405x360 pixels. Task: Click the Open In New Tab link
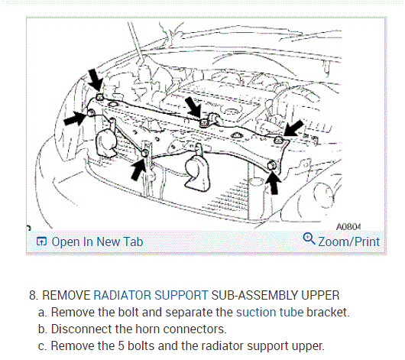coord(97,242)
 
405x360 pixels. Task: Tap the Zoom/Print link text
coord(348,242)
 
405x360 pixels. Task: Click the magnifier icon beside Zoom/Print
coord(309,238)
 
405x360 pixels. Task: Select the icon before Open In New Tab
coord(41,242)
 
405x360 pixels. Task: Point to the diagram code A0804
coord(348,227)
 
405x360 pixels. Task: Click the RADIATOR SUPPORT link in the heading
coord(151,295)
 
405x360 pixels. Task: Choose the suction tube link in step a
coord(270,312)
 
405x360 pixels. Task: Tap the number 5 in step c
coord(122,345)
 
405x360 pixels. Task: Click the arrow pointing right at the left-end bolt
coord(76,118)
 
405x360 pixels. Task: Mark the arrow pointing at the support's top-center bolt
coord(193,107)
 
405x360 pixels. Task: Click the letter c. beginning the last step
coord(43,346)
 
